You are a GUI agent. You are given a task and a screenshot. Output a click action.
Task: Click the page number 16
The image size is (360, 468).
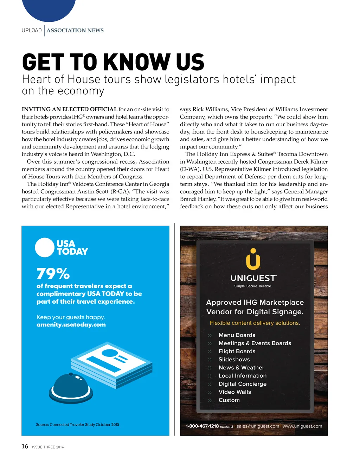25,446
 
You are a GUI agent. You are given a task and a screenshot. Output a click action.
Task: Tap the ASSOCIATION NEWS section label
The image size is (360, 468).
75,31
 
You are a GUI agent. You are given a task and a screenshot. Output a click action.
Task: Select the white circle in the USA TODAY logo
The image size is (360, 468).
45,247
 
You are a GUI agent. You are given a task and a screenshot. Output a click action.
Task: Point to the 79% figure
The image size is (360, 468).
53,273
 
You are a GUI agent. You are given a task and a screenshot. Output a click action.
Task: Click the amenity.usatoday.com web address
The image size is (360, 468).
71,324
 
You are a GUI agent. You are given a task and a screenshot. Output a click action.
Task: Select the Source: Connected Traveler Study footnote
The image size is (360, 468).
77,425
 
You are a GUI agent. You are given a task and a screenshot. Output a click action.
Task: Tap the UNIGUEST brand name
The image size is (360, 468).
253,278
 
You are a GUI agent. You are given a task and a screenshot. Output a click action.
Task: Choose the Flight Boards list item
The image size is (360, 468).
237,351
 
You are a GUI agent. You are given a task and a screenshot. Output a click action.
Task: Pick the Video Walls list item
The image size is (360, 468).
235,392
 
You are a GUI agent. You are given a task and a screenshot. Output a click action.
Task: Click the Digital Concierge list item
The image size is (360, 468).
243,384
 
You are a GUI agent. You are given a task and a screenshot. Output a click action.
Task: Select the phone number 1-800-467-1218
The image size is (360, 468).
202,426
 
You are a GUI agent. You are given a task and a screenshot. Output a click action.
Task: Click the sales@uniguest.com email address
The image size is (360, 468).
258,426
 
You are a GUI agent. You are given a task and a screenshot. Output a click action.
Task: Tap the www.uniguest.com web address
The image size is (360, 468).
302,426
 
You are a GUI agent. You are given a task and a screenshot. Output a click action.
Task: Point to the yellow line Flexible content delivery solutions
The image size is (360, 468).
255,323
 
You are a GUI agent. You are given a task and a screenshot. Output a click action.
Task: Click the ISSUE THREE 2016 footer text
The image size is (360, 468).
48,447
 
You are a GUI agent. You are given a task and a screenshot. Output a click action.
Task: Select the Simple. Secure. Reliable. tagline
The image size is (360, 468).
253,286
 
